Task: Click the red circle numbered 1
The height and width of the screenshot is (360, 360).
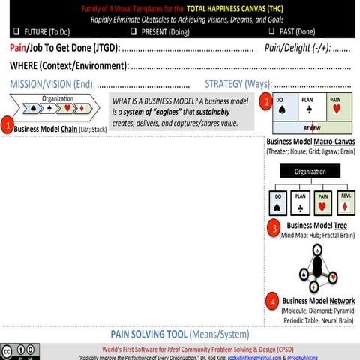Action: click(x=7, y=125)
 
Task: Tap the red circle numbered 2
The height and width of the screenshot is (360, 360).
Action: click(x=264, y=101)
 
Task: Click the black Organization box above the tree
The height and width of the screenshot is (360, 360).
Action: click(x=310, y=171)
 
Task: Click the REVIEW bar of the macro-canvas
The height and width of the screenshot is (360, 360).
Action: click(x=311, y=128)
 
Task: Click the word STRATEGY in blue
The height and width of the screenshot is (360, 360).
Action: click(x=227, y=84)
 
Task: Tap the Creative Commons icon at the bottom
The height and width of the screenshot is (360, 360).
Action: click(x=9, y=351)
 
